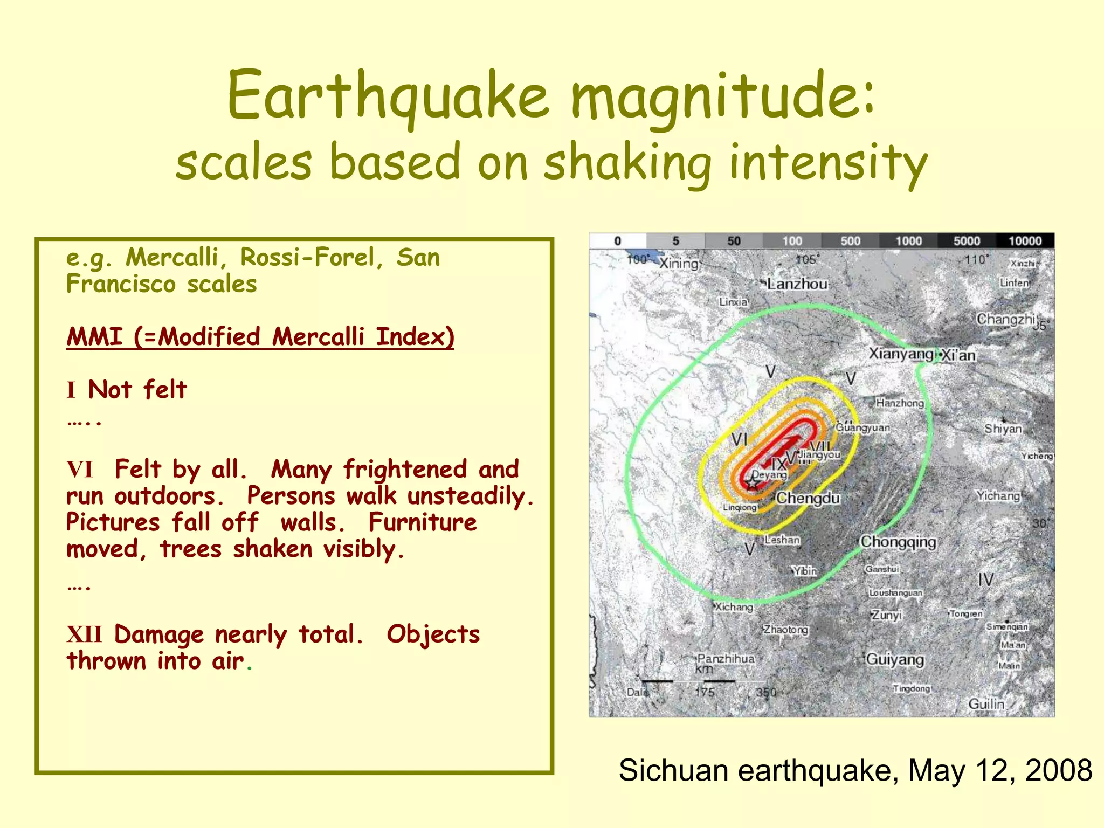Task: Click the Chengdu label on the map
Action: click(x=808, y=498)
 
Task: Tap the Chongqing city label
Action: click(x=898, y=541)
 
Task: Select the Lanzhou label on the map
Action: click(x=797, y=284)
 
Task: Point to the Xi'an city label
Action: click(x=959, y=356)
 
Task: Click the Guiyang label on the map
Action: click(x=895, y=660)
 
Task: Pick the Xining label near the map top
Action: click(x=679, y=264)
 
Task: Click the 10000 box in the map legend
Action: click(x=1025, y=241)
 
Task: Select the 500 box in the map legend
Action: click(x=850, y=241)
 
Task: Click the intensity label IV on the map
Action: click(x=985, y=580)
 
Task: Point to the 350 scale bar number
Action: click(x=765, y=692)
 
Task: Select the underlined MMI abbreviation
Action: click(x=94, y=337)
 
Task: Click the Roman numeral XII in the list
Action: click(x=84, y=634)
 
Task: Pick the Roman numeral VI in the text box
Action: click(x=80, y=470)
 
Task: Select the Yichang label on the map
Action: click(x=998, y=496)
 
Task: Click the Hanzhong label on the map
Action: click(x=900, y=403)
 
